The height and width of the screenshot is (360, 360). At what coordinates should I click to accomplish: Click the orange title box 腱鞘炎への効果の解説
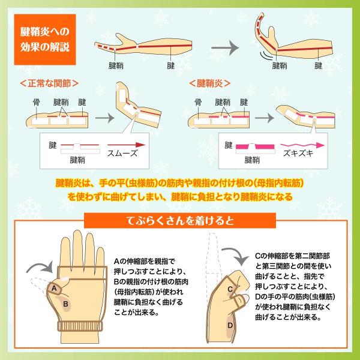(x=45, y=40)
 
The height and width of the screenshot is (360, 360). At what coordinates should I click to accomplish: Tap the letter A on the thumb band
(x=54, y=288)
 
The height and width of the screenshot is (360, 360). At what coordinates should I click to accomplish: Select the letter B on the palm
(x=65, y=304)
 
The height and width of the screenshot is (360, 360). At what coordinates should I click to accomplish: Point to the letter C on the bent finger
(x=230, y=289)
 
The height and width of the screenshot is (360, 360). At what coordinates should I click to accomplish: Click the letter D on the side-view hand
(x=230, y=325)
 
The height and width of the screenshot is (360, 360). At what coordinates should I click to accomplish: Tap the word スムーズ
(x=122, y=153)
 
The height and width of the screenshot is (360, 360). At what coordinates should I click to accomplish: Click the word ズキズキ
(x=298, y=153)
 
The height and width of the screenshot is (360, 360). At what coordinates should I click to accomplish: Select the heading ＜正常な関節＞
(x=49, y=83)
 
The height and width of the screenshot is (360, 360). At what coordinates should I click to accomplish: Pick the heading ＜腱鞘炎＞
(x=210, y=83)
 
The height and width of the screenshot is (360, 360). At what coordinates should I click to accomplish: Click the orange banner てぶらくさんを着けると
(x=180, y=221)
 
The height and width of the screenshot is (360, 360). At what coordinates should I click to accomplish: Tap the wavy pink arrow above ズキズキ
(x=302, y=145)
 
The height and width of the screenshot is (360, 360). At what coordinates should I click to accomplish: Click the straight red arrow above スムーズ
(x=126, y=145)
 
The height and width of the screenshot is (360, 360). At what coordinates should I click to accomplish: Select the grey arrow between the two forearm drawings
(x=225, y=48)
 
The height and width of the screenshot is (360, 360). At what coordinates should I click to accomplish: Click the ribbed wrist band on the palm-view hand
(x=80, y=326)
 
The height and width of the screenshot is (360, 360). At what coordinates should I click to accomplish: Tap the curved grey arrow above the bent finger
(x=236, y=256)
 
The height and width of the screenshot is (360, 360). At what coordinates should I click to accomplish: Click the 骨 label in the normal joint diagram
(x=37, y=102)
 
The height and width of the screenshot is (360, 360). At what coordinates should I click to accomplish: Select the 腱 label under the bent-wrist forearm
(x=319, y=66)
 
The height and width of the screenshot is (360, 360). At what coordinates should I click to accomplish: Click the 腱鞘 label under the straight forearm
(x=116, y=66)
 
